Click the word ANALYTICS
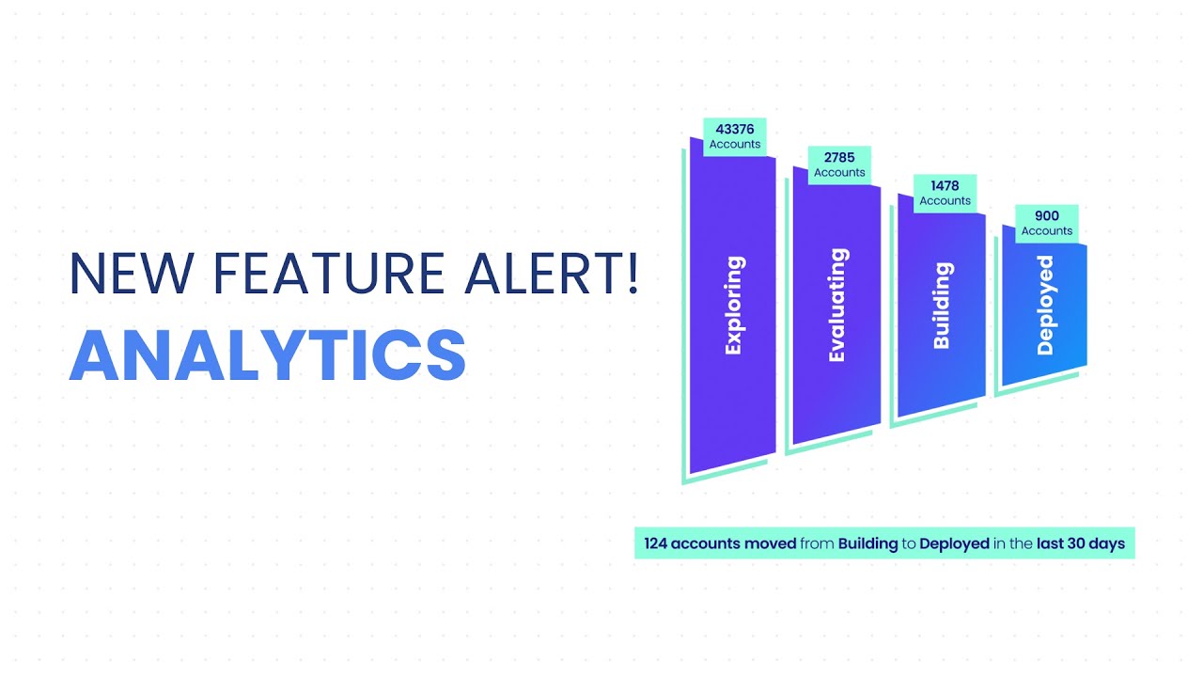(x=268, y=355)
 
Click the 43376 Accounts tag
(x=735, y=136)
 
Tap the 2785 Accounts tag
(x=839, y=165)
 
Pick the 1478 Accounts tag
(x=945, y=193)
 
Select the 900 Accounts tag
(x=1046, y=223)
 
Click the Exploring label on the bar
(x=734, y=305)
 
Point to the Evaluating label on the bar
(x=837, y=305)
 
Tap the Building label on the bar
(x=942, y=306)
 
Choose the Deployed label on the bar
(x=1045, y=306)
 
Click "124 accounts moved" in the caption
(x=720, y=543)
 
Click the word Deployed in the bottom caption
(x=954, y=543)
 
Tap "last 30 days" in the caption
(x=1081, y=543)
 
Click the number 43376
(x=735, y=129)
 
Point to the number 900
(x=1046, y=215)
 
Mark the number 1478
(x=945, y=186)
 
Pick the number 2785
(x=839, y=158)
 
